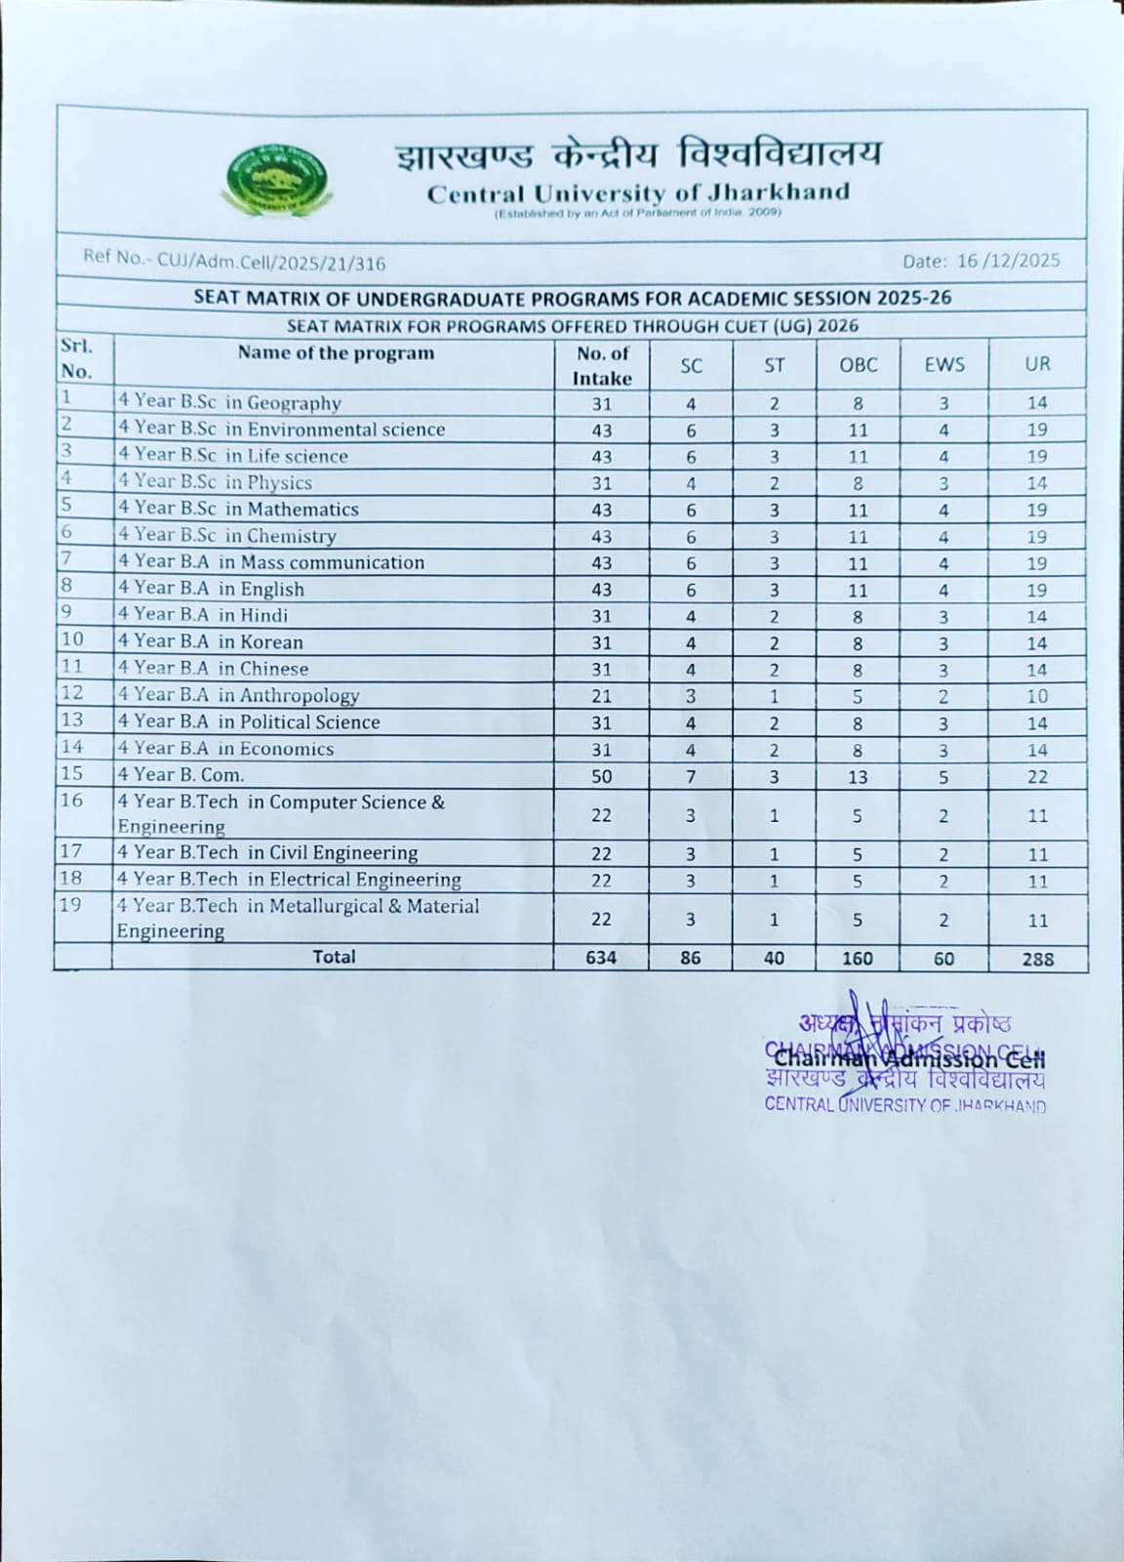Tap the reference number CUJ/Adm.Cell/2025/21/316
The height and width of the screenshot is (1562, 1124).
point(235,262)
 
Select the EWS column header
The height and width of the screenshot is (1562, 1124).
point(943,365)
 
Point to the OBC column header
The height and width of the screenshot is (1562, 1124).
point(859,365)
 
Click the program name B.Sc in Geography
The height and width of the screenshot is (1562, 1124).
point(230,402)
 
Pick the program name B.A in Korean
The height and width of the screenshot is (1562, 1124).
point(211,642)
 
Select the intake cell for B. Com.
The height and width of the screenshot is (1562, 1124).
point(601,776)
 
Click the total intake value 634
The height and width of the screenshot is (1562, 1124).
point(601,958)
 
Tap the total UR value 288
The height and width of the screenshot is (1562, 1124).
point(1037,959)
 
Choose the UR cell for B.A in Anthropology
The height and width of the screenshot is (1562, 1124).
point(1037,696)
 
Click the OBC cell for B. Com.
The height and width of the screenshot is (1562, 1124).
point(858,776)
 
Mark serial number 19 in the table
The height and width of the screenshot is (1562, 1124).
point(71,905)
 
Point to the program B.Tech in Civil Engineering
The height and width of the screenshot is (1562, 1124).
point(267,852)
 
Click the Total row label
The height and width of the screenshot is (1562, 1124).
point(334,957)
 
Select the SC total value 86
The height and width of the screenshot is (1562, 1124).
point(690,958)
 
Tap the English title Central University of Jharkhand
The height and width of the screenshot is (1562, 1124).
point(638,193)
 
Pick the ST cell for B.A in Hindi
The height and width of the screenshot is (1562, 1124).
point(774,616)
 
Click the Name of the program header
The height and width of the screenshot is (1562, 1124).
point(336,353)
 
